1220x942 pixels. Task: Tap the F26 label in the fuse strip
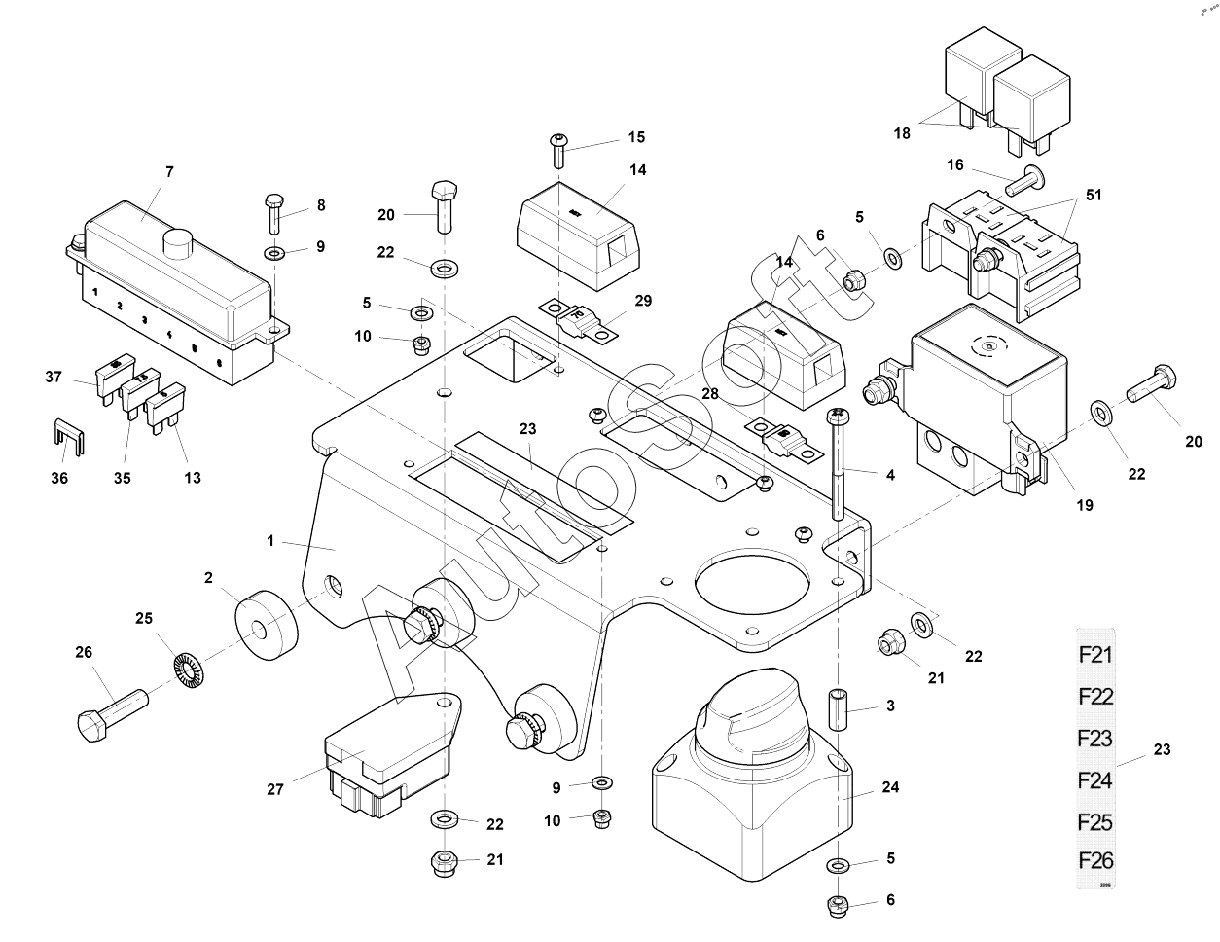1094,861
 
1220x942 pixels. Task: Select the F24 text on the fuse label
1094,779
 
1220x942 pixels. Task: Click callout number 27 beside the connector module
275,789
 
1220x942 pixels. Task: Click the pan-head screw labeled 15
558,152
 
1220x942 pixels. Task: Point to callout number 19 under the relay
1085,505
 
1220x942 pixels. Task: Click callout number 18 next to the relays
902,133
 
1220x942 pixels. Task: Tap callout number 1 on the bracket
271,541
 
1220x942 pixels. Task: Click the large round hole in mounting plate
752,591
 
